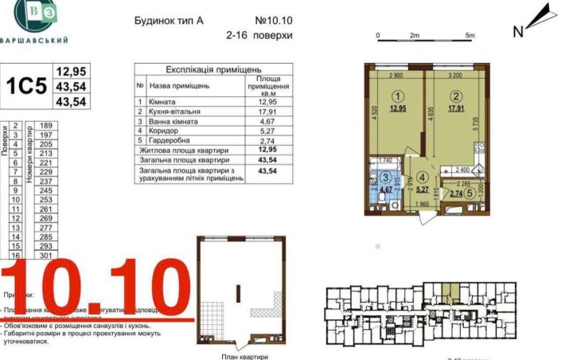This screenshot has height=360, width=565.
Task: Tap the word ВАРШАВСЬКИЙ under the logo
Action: click(33, 40)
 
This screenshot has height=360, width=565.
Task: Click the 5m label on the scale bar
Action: click(470, 36)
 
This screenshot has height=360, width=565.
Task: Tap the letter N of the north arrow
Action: click(517, 32)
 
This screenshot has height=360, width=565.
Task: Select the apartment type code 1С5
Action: click(27, 86)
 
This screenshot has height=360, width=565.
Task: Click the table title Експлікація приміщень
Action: click(212, 71)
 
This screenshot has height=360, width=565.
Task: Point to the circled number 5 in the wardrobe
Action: click(470, 193)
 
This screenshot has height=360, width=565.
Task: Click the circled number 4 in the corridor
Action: click(423, 179)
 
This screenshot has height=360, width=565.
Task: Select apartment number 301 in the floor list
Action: click(45, 256)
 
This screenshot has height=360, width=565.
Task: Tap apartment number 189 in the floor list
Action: click(45, 125)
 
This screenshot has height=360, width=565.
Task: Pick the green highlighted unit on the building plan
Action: click(450, 292)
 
